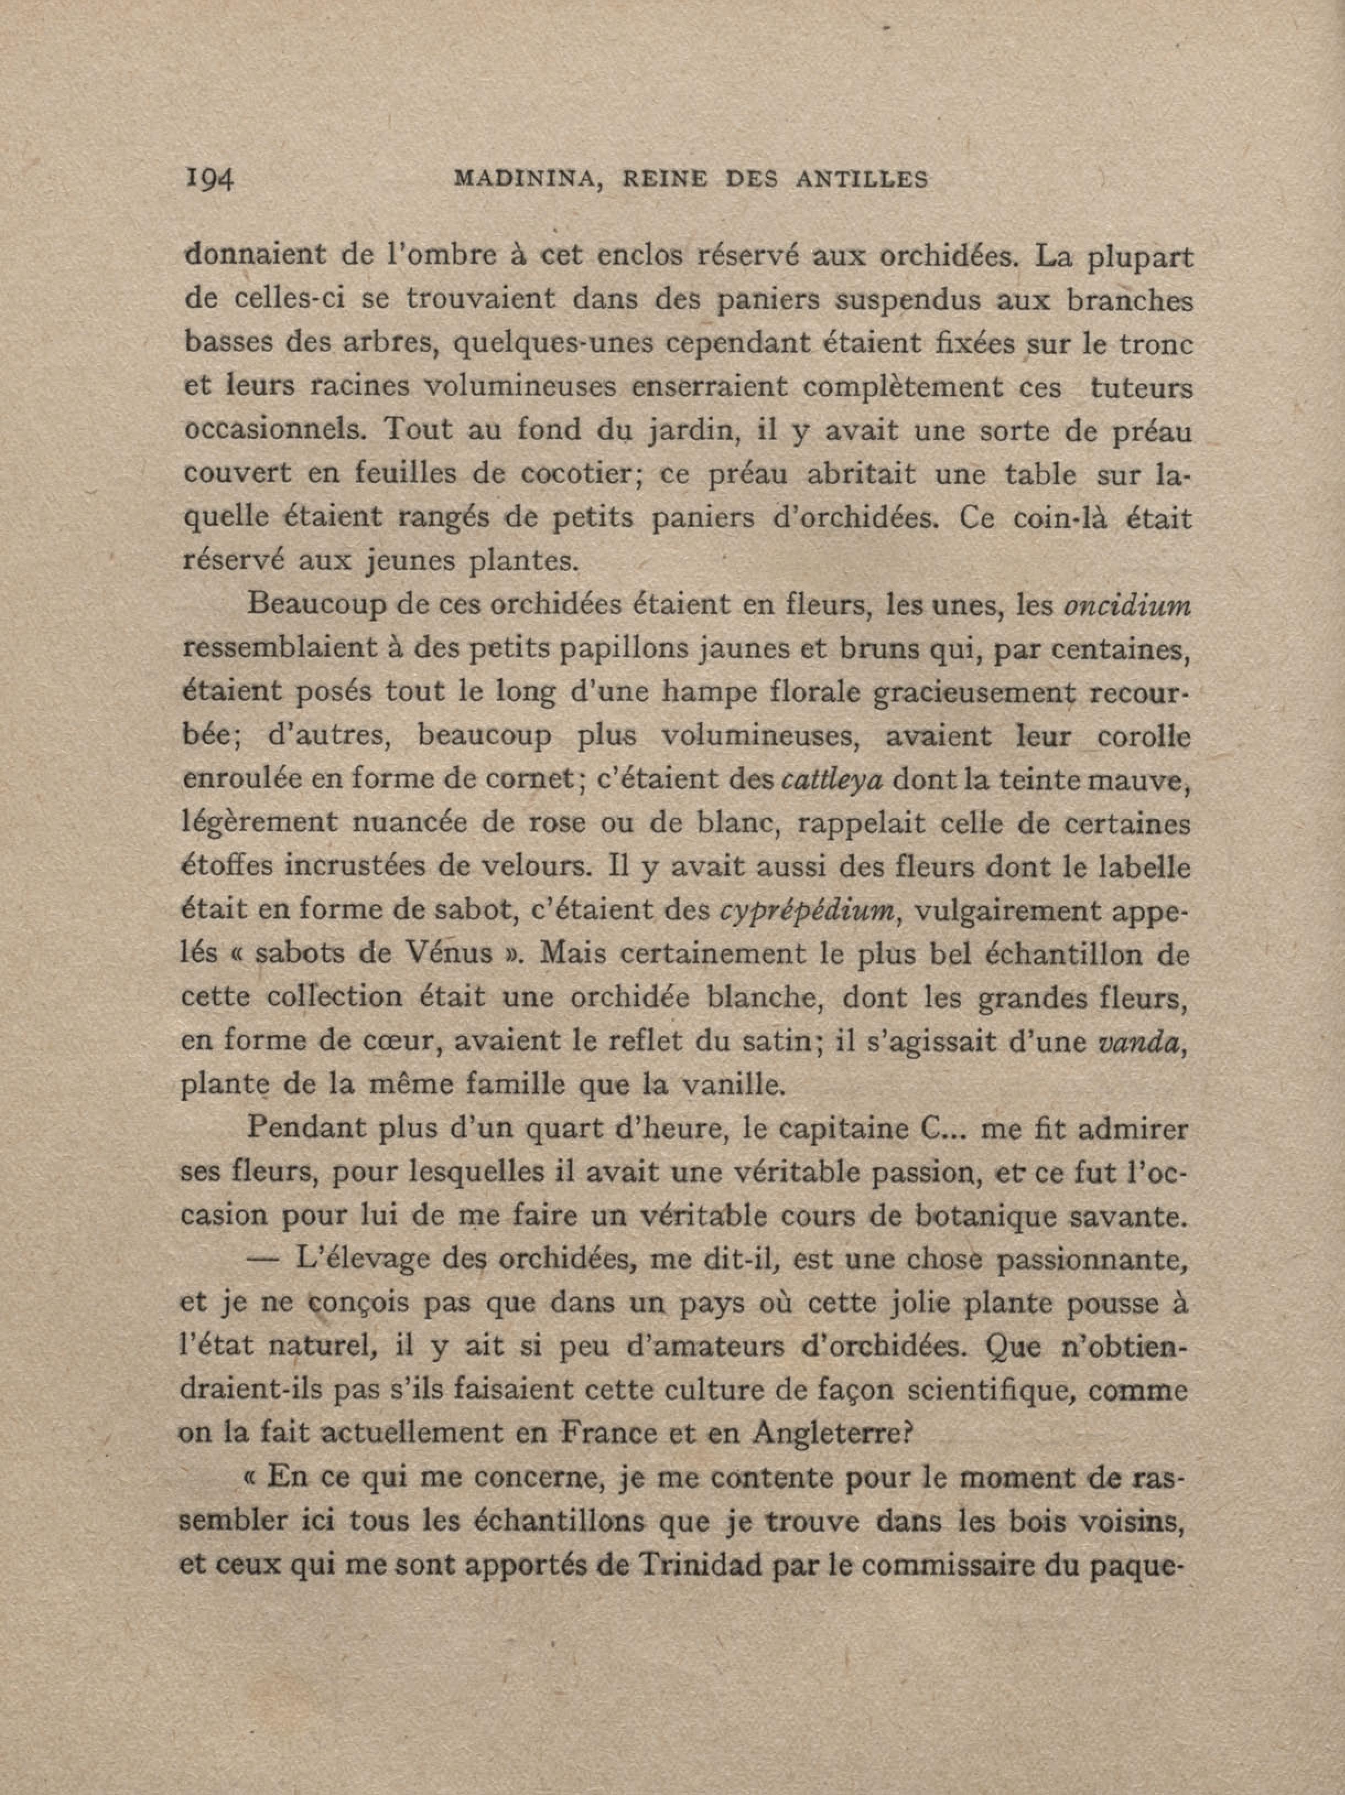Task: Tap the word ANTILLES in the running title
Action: pos(861,180)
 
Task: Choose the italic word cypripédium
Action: pos(808,910)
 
